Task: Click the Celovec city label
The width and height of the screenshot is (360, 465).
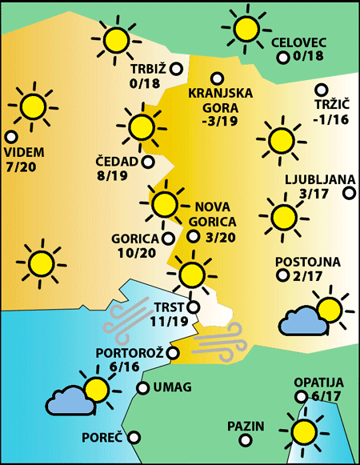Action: (x=299, y=42)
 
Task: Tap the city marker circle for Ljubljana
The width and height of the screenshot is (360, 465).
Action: (x=349, y=192)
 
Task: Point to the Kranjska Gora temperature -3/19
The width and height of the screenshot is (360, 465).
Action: (x=219, y=122)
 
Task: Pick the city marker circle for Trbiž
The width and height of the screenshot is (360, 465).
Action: (x=174, y=68)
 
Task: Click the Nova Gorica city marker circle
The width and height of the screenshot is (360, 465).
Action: (x=193, y=236)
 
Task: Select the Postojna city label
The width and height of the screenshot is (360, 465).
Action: (x=308, y=262)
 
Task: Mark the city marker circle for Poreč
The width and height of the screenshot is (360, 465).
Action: (x=134, y=438)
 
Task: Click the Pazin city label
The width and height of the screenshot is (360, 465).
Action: (x=246, y=425)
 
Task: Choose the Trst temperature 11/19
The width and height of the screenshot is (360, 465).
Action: (x=169, y=322)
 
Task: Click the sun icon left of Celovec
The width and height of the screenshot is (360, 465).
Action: (x=246, y=30)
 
